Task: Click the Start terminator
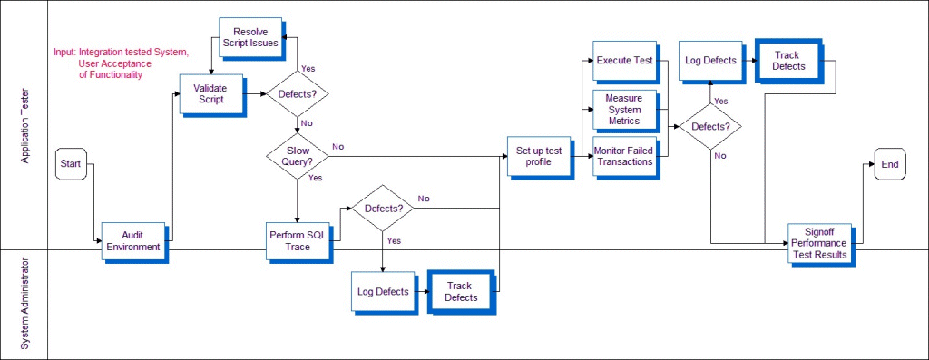coord(70,163)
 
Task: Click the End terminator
coord(889,164)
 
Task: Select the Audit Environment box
coord(132,240)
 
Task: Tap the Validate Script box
coord(210,93)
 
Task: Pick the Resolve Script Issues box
coord(249,36)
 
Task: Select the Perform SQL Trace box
coord(297,240)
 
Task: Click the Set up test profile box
coord(539,156)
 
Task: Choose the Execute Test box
coord(625,61)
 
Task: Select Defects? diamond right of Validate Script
coord(297,93)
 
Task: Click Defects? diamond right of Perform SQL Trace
coord(383,208)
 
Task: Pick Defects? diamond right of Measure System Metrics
coord(710,126)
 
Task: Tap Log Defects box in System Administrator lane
coord(381,291)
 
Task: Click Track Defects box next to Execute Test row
coord(787,61)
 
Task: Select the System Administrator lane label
coord(25,304)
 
